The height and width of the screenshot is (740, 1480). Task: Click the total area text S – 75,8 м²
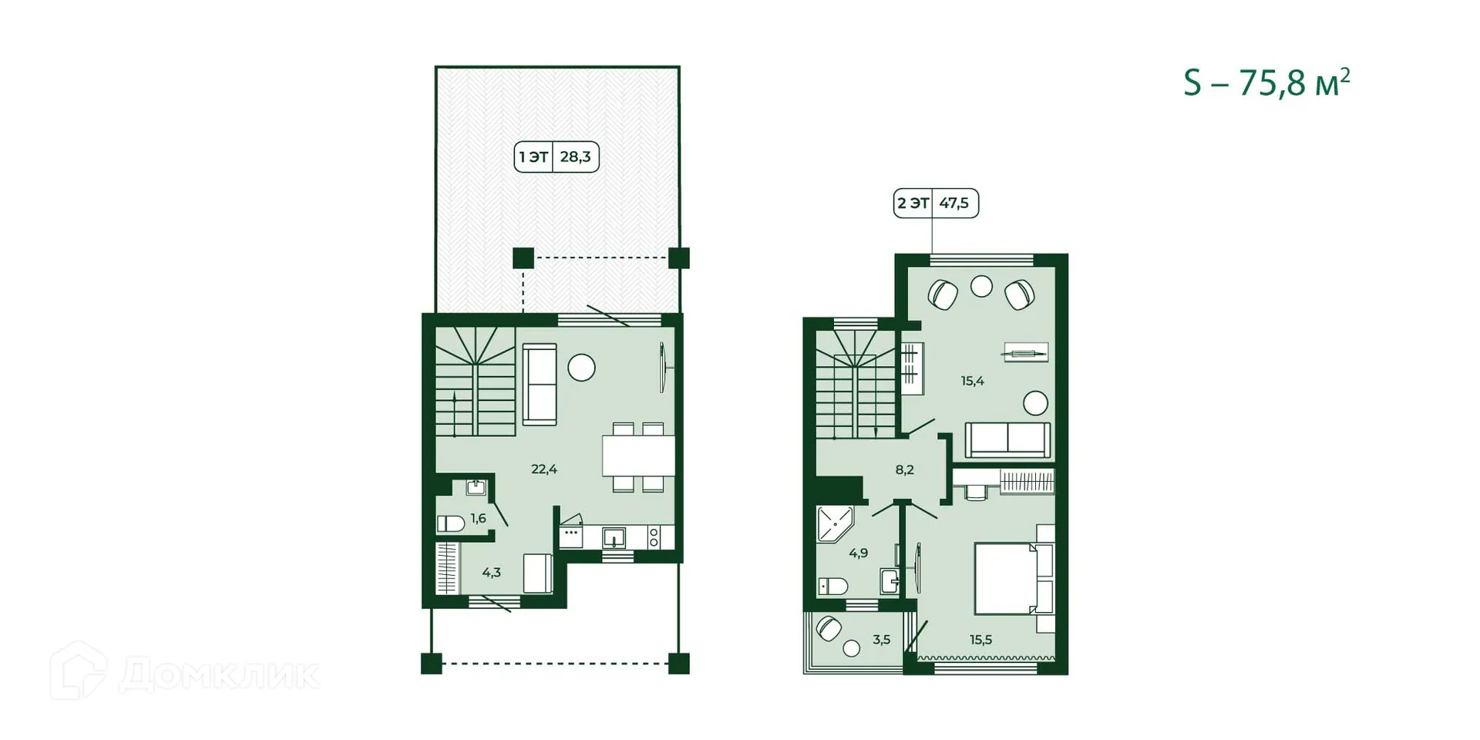click(x=1266, y=82)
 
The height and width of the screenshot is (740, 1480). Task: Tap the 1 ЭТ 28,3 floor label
click(x=556, y=157)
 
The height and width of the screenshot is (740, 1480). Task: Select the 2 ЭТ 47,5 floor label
click(x=935, y=203)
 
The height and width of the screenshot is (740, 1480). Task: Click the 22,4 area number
click(x=544, y=469)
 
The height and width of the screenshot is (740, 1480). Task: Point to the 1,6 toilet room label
click(x=478, y=519)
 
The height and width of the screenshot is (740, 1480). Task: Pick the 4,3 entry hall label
click(x=491, y=573)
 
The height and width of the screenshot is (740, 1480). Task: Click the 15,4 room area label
click(x=972, y=381)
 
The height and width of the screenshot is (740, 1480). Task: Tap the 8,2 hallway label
click(x=904, y=469)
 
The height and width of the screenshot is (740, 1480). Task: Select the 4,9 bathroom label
click(x=858, y=553)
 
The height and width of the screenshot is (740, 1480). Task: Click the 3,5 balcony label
click(x=881, y=640)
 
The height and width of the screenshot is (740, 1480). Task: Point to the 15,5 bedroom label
click(x=980, y=640)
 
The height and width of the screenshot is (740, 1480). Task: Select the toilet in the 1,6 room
click(x=451, y=524)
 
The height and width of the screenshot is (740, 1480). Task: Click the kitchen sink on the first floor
click(x=614, y=536)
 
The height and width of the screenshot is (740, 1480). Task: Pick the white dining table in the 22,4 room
click(x=638, y=456)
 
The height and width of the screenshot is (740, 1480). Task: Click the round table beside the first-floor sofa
click(x=581, y=368)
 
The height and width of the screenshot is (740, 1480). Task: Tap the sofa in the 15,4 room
click(x=1007, y=439)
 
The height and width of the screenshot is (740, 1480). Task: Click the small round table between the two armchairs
click(x=981, y=286)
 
